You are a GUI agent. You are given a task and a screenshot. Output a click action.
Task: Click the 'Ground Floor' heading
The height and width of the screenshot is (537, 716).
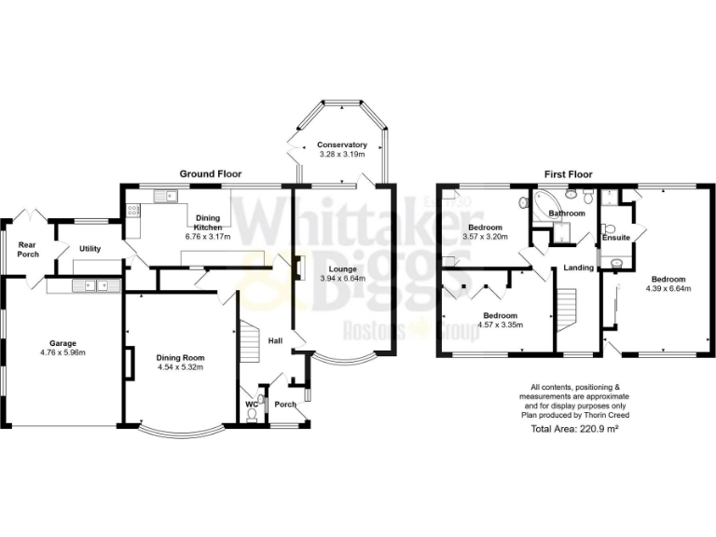tap(211, 173)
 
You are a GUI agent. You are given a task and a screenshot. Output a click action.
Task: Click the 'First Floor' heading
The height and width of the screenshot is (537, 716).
tap(569, 173)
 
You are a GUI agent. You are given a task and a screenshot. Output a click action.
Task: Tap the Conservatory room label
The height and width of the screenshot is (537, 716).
tap(341, 145)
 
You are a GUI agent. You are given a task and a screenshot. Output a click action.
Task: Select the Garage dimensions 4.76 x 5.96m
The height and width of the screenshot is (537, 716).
tap(62, 353)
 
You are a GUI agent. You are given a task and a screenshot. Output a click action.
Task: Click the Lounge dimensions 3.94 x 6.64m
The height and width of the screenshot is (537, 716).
tap(342, 278)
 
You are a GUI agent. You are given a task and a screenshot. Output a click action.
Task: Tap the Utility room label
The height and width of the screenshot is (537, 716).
tap(90, 249)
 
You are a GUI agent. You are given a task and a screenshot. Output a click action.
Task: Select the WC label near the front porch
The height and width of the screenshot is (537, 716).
tap(251, 405)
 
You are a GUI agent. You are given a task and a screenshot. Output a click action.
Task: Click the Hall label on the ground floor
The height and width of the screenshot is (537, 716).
tap(276, 341)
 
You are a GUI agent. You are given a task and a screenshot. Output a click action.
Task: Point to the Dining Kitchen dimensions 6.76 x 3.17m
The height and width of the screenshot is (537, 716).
tap(208, 237)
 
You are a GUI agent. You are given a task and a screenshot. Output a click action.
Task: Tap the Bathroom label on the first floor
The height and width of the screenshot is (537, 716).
tap(566, 213)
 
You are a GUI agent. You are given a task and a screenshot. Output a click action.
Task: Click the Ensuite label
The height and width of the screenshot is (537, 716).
tap(616, 238)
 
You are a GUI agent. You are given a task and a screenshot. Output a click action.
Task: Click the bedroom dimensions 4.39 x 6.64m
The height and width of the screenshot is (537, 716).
tap(668, 288)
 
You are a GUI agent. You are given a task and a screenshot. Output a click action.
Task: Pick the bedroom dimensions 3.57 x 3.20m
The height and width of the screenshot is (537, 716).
tap(486, 237)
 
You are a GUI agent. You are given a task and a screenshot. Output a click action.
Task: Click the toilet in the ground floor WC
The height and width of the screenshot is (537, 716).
tap(256, 417)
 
